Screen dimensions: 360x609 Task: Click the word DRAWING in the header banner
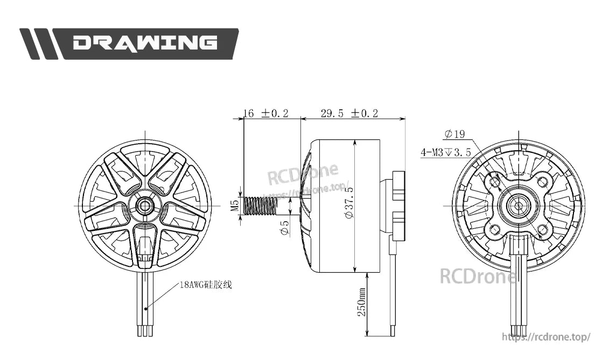tap(145, 43)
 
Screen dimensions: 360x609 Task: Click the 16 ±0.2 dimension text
tap(266, 113)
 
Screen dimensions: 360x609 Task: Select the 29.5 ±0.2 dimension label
tap(349, 113)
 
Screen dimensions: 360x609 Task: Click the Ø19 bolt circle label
tap(454, 134)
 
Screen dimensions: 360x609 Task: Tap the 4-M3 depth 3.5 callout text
tap(446, 152)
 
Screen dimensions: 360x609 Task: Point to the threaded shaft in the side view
tap(261, 206)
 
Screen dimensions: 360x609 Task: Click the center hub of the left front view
tap(144, 205)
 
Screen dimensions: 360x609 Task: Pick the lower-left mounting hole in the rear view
tap(494, 230)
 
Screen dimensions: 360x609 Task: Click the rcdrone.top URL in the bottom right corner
tap(546, 337)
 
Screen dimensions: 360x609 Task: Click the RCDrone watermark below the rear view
tap(478, 277)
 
